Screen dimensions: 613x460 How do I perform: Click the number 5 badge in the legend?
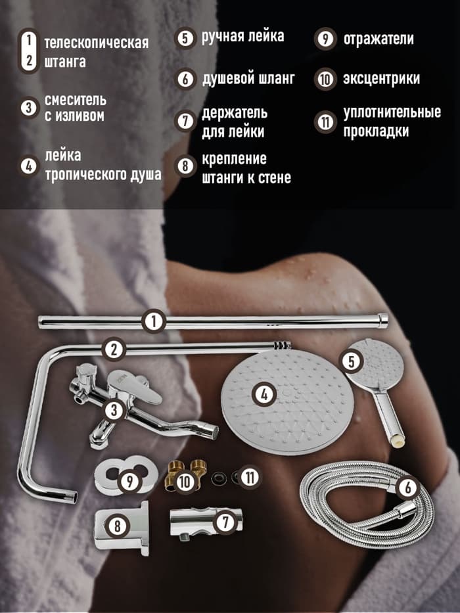coord(185,37)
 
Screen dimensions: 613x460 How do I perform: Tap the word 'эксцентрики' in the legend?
coord(381,79)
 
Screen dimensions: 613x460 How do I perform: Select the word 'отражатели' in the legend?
coord(379,39)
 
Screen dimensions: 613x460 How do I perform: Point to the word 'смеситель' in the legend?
coord(75,101)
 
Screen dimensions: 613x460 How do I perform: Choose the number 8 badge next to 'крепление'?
coord(186,167)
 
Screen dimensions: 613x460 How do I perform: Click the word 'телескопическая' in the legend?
coord(96,43)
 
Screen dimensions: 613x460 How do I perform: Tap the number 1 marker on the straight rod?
coord(152,322)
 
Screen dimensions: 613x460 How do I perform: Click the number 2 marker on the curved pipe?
coord(114,349)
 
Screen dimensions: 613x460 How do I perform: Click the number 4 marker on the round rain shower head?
coord(264,395)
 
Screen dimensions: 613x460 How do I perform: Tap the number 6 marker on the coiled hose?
coord(407,488)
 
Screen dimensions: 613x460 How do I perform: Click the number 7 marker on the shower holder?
coord(225,523)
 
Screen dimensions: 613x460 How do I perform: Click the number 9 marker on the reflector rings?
coord(131,481)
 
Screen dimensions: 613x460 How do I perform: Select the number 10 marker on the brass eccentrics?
coord(185,481)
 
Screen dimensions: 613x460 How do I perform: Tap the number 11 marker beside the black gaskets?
coord(249,477)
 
